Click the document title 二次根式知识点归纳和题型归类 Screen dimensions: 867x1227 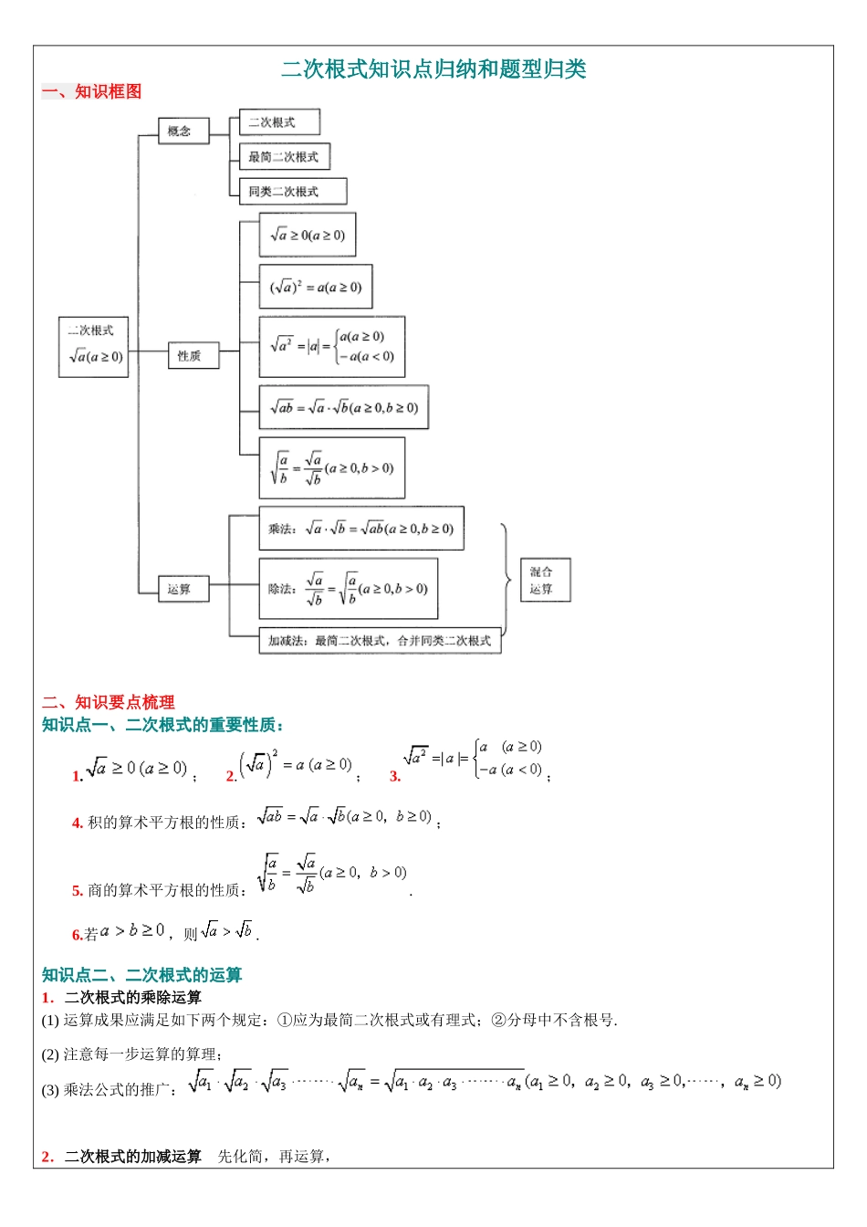433,69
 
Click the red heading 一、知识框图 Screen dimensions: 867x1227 91,91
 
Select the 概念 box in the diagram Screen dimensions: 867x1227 183,131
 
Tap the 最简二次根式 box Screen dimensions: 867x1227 284,157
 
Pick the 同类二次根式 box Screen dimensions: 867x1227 292,192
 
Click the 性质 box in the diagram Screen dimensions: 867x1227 193,356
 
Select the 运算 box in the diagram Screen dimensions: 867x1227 183,589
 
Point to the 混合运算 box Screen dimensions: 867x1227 544,581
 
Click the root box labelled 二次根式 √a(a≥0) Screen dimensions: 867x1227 93,347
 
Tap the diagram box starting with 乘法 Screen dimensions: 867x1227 361,529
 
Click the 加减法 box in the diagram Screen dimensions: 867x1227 380,641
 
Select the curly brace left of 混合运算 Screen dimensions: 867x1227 507,579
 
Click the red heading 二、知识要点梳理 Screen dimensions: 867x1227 108,702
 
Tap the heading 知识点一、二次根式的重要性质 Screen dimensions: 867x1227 163,725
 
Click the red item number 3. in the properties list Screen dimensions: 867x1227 395,777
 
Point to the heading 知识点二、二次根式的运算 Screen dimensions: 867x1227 141,975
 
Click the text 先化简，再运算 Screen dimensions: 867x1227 274,1157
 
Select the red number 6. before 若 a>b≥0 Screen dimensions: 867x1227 78,935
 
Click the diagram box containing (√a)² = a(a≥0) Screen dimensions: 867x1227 316,287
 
